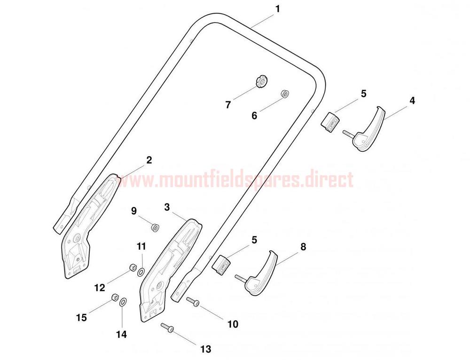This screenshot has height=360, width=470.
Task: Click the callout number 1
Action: tap(278, 9)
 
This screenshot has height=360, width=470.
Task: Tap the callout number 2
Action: tap(149, 160)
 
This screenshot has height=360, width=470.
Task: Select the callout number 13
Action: tap(206, 349)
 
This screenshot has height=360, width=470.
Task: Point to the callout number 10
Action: tap(233, 324)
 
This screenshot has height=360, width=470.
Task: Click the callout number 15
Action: tap(81, 317)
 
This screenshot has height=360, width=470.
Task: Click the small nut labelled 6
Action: tap(284, 93)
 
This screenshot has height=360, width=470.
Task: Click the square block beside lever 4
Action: tap(330, 122)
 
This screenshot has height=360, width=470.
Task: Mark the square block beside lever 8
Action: tap(221, 265)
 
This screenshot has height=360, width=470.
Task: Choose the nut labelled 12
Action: tap(133, 267)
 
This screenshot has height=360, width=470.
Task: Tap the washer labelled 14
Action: tap(123, 302)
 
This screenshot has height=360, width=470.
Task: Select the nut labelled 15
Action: tap(115, 297)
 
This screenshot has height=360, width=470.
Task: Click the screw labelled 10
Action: tap(193, 301)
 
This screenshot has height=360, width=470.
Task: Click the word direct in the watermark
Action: tap(327, 180)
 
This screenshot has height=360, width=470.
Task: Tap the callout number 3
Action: tap(167, 207)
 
